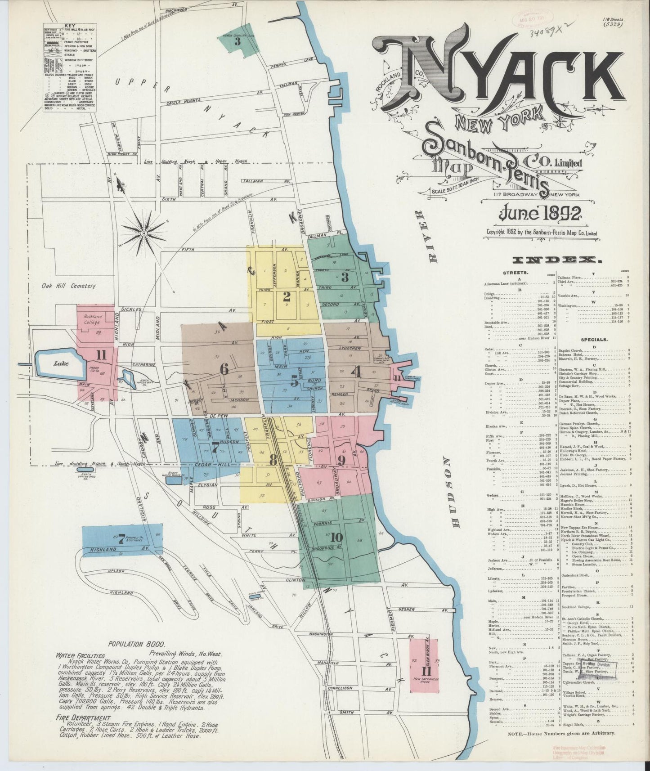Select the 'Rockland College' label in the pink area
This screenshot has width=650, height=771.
[x=93, y=319]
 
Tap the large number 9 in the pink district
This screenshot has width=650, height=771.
[x=341, y=461]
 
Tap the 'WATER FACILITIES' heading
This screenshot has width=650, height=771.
[x=81, y=656]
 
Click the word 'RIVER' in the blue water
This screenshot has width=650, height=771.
[x=434, y=235]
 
